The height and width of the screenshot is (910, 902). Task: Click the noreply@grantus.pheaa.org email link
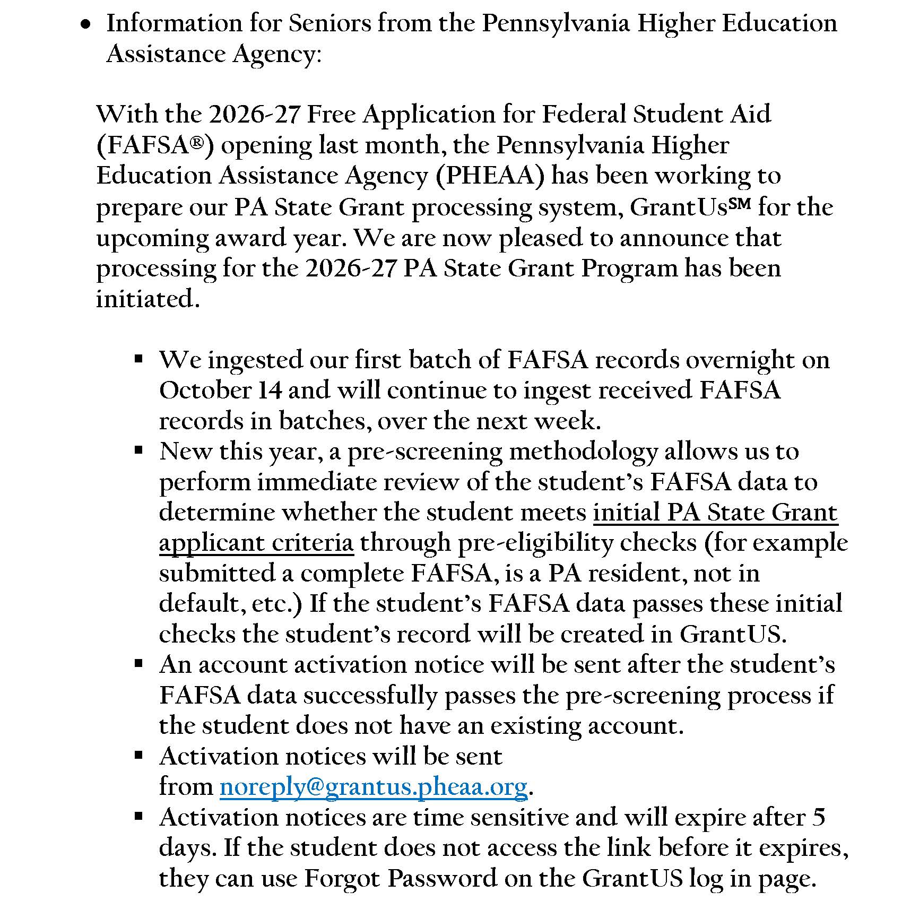(x=374, y=787)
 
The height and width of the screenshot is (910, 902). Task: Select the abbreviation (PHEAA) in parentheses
(x=490, y=176)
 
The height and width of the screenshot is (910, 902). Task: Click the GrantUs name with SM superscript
(x=690, y=207)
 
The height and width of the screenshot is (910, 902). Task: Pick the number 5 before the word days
(x=818, y=817)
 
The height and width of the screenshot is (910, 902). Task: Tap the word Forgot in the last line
(x=342, y=879)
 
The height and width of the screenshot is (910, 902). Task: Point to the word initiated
(x=148, y=299)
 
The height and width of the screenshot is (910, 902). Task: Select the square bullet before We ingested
(x=139, y=359)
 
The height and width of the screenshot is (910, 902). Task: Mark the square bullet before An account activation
(x=139, y=664)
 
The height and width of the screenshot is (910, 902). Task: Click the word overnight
(x=740, y=360)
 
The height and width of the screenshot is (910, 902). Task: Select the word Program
(x=629, y=268)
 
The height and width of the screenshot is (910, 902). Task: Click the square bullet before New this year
(x=139, y=451)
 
